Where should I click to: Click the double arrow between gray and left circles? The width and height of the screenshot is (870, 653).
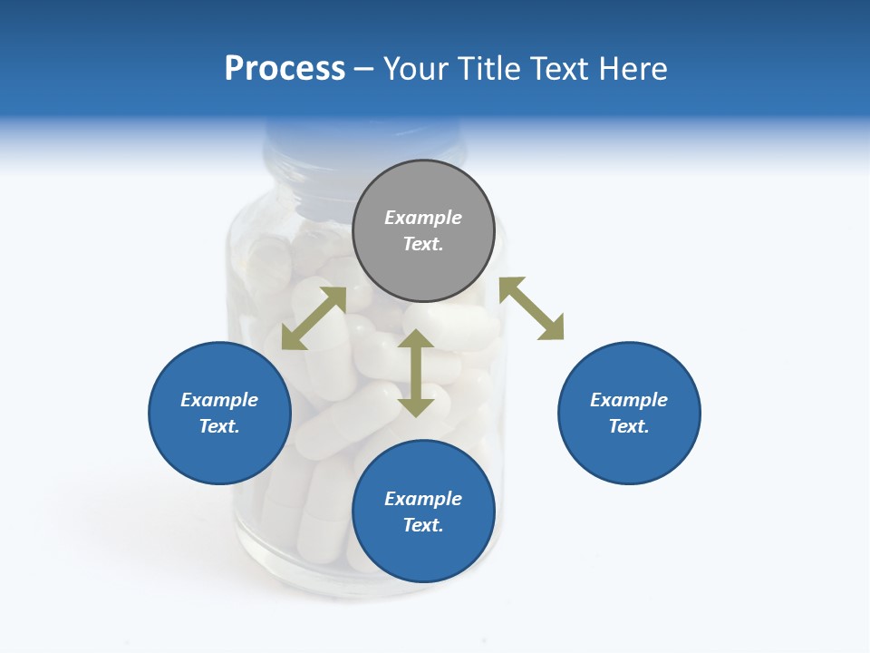pos(314,318)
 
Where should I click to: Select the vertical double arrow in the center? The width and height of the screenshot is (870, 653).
pos(416,373)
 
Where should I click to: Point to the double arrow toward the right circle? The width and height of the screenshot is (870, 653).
pos(531,308)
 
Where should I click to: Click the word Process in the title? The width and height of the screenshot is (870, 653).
pos(285,69)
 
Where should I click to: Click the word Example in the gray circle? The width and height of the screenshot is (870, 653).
pos(423,218)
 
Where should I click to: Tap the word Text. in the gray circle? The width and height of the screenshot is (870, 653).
pos(423,244)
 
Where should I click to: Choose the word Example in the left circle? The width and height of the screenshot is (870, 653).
pos(219,400)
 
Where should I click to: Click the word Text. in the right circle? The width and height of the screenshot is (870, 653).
pos(629,426)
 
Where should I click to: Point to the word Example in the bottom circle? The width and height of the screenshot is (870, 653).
pos(423,499)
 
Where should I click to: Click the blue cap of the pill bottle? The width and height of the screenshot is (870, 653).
pos(363,145)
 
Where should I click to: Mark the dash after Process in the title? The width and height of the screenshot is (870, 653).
pos(364,69)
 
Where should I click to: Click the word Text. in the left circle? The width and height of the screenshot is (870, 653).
pos(219,426)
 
